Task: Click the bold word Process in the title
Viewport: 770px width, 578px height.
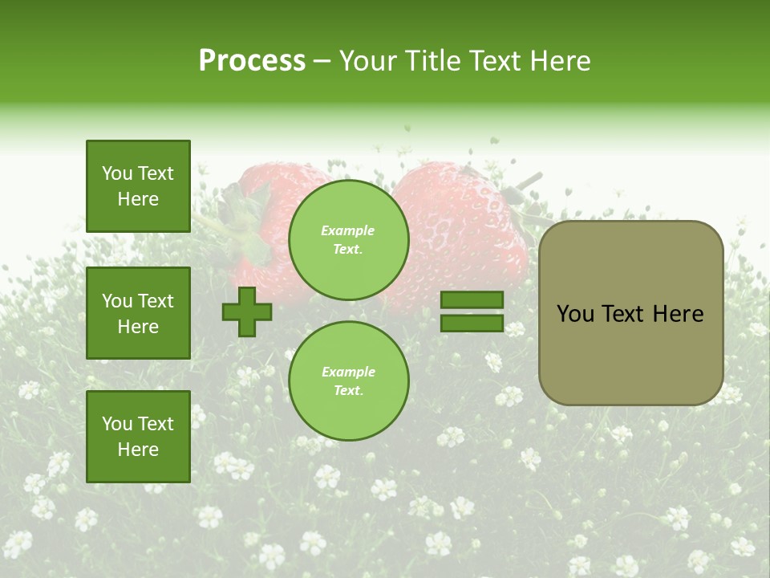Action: click(252, 61)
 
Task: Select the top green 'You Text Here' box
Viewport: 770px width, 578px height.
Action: click(138, 186)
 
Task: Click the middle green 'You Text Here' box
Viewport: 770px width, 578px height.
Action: click(138, 313)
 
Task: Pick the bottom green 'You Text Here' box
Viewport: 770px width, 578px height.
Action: click(138, 437)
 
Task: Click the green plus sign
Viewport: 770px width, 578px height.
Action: click(247, 312)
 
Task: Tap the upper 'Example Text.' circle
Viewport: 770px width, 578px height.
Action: click(349, 239)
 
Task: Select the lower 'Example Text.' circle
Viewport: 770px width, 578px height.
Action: click(349, 381)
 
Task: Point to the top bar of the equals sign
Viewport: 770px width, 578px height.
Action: click(472, 300)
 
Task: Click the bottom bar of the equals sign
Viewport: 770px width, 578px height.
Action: click(472, 324)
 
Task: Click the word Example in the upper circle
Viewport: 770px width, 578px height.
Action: click(348, 230)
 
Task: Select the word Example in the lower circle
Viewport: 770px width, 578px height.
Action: click(348, 372)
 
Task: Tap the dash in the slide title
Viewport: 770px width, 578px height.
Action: click(322, 61)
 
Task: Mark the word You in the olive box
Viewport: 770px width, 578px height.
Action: click(575, 314)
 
